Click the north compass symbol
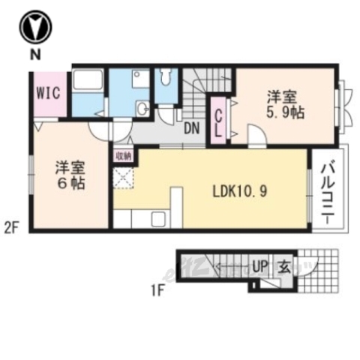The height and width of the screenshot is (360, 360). coord(34,28)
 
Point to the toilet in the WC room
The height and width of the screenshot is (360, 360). coord(166,78)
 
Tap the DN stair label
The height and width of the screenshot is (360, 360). coord(192,128)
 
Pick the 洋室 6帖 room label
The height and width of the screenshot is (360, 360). coord(68,174)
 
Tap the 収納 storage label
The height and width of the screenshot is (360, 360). coord(123,156)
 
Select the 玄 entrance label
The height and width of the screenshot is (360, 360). coord(286,265)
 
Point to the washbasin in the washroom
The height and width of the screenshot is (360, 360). coord(141,109)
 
